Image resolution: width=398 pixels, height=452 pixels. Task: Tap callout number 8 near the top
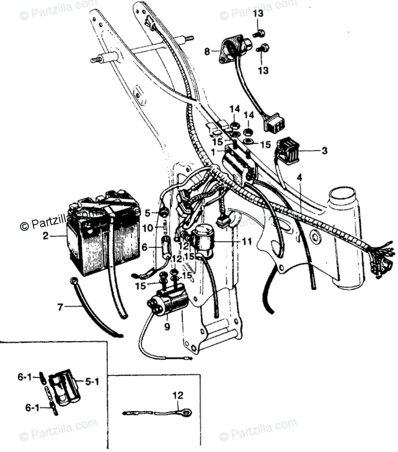pyautogui.click(x=207, y=52)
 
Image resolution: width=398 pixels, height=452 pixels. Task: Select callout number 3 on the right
pyautogui.click(x=324, y=151)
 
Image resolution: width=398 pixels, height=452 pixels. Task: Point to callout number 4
pyautogui.click(x=300, y=177)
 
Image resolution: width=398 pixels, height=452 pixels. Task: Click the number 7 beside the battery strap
pyautogui.click(x=60, y=308)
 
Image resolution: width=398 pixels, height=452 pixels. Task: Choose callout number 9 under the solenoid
pyautogui.click(x=167, y=326)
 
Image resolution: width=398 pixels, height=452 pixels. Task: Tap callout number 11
pyautogui.click(x=246, y=242)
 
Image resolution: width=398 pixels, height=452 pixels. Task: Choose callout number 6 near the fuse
pyautogui.click(x=145, y=247)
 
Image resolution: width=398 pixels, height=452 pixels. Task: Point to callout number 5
pyautogui.click(x=147, y=213)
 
